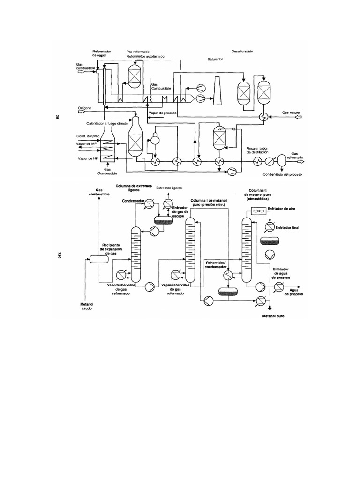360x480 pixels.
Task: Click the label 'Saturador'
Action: [216, 60]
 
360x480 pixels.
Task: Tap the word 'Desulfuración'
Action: [242, 51]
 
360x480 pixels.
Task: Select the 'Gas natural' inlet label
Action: [291, 113]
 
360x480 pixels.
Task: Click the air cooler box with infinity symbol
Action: [259, 212]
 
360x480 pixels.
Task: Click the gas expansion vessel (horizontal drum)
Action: [98, 259]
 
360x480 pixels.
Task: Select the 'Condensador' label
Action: [132, 201]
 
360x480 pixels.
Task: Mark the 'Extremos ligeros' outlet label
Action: [169, 188]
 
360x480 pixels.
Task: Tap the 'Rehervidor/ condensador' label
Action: [217, 265]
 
